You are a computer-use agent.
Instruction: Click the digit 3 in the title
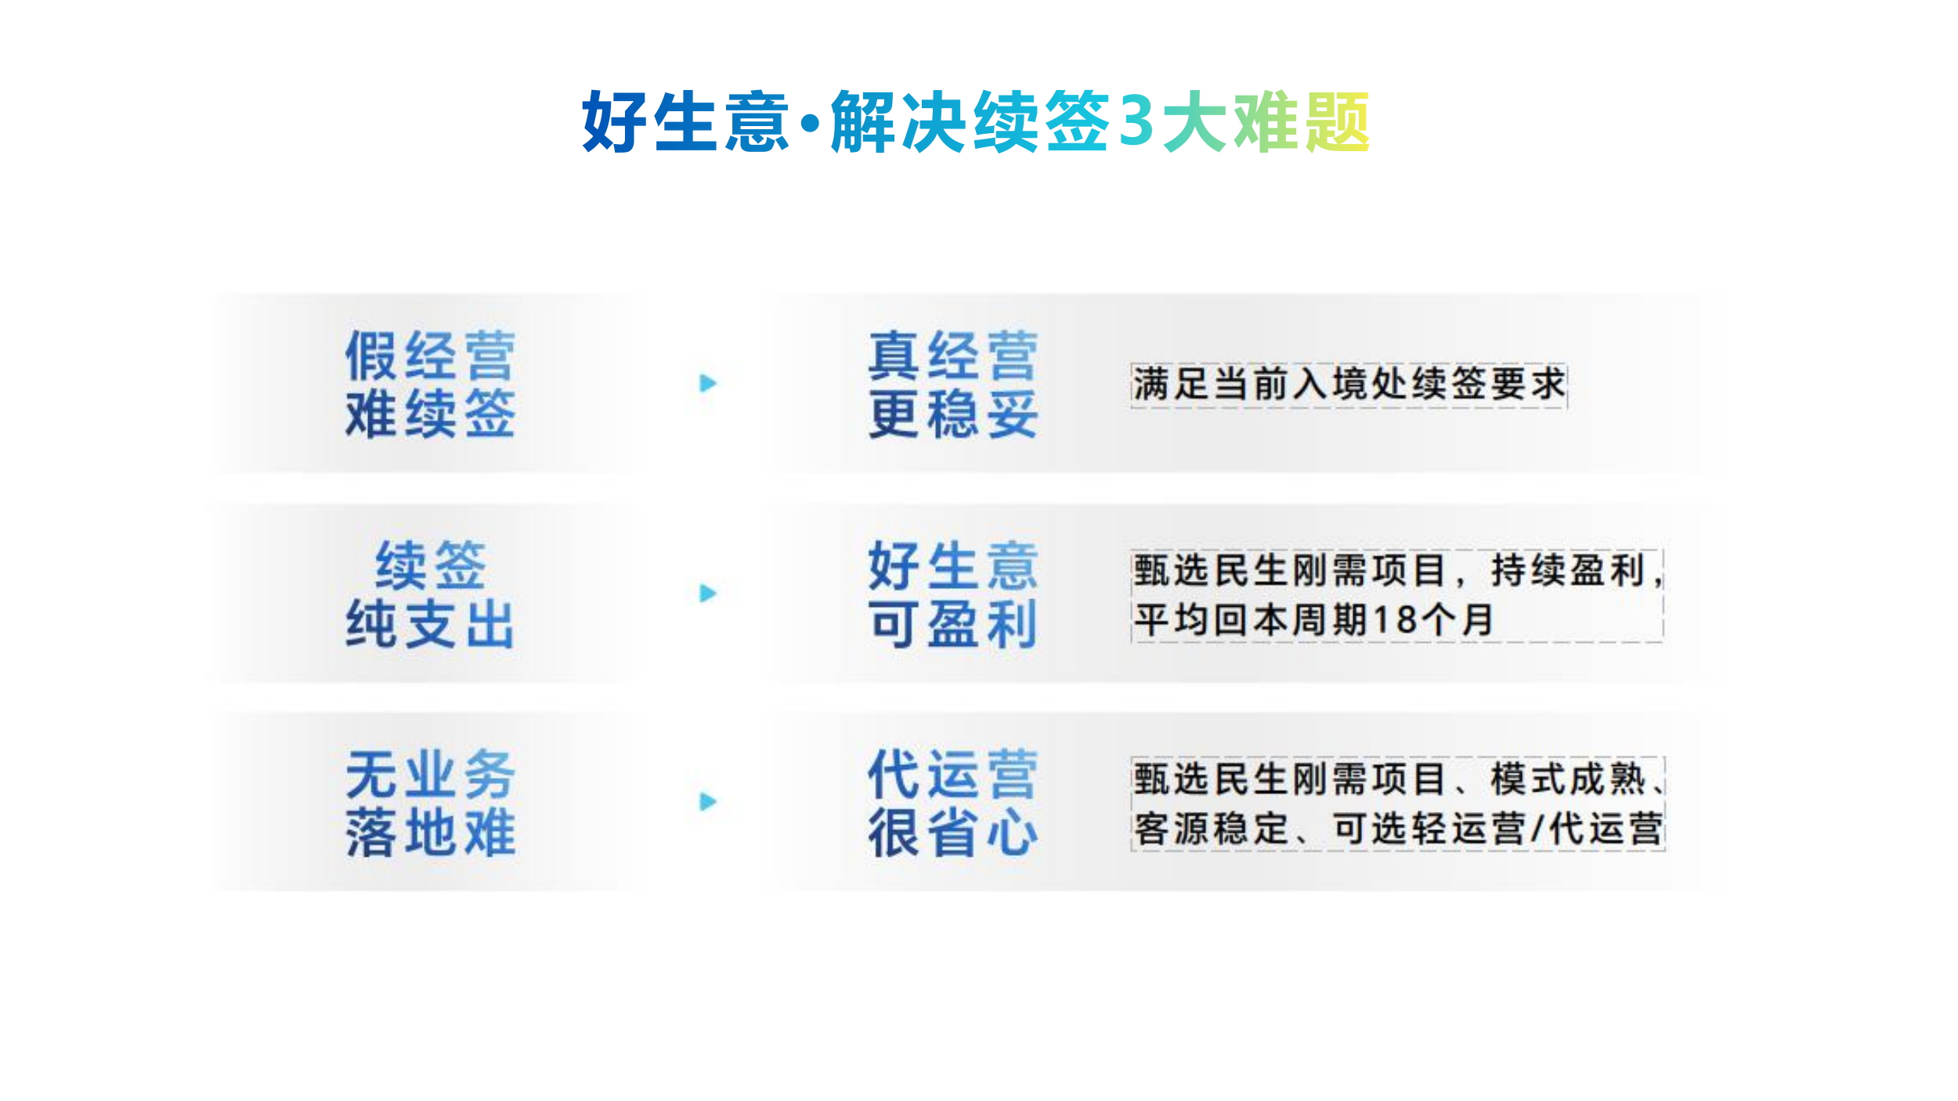pyautogui.click(x=1137, y=121)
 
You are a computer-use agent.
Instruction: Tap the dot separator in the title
pyautogui.click(x=811, y=123)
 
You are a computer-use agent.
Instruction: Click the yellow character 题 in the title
pyautogui.click(x=1335, y=121)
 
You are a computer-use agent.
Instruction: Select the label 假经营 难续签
pyautogui.click(x=430, y=384)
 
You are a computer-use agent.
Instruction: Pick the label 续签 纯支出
pyautogui.click(x=430, y=594)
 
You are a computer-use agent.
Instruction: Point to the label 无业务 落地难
pyautogui.click(x=430, y=803)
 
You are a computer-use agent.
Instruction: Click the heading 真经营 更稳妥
pyautogui.click(x=953, y=384)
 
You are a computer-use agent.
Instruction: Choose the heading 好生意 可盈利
pyautogui.click(x=953, y=594)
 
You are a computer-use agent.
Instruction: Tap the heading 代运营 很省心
pyautogui.click(x=953, y=803)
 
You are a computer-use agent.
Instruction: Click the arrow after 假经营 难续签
pyautogui.click(x=708, y=383)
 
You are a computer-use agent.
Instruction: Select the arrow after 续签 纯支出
pyautogui.click(x=708, y=593)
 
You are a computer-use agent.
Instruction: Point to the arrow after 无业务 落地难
pyautogui.click(x=708, y=801)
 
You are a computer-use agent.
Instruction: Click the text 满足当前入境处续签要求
pyautogui.click(x=1349, y=384)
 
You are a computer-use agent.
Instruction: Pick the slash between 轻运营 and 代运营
pyautogui.click(x=1538, y=829)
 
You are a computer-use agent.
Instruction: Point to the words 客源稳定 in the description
pyautogui.click(x=1211, y=829)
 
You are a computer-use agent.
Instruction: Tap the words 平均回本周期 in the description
pyautogui.click(x=1252, y=620)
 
